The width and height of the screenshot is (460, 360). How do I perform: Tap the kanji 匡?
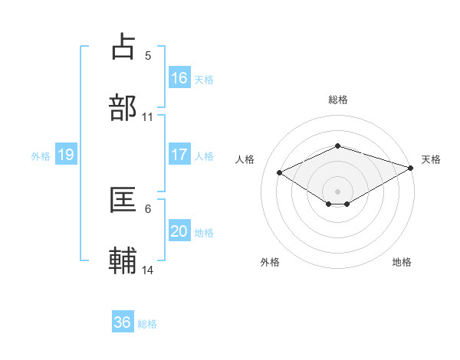coord(123,200)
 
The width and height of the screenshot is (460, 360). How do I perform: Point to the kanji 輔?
coord(123,260)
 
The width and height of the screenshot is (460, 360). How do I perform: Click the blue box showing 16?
coord(179,77)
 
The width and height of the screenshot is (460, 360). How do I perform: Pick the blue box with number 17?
coord(179,155)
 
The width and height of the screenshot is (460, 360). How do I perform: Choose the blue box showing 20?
coord(179,231)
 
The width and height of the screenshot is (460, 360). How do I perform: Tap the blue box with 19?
coord(66,155)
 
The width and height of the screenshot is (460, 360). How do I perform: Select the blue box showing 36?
coord(123,322)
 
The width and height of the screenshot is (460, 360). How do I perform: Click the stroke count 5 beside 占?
coord(148,55)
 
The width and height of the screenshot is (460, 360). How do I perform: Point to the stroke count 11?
coord(148,117)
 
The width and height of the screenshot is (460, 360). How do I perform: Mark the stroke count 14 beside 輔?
coord(148,270)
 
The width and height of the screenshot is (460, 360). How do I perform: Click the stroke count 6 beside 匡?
coord(148,209)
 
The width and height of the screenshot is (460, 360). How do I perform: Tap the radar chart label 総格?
coord(337,100)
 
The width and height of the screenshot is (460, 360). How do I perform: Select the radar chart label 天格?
coord(431,159)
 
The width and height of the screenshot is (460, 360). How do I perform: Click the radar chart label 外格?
coord(270,262)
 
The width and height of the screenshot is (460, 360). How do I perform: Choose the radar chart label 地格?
coord(402,262)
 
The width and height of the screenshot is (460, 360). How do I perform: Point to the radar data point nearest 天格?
coord(412,168)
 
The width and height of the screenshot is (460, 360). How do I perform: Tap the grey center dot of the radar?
coord(337,191)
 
